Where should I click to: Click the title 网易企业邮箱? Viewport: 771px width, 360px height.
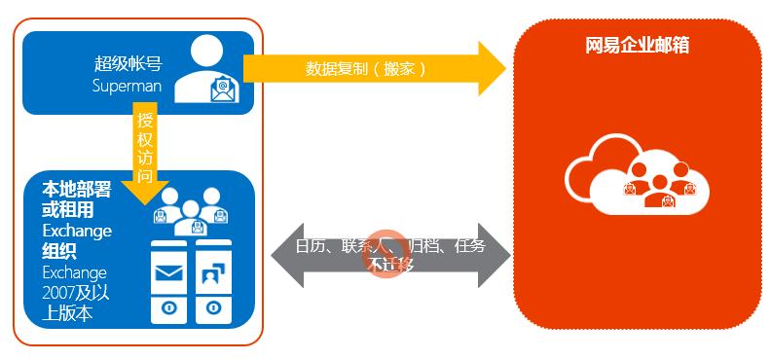[x=638, y=46]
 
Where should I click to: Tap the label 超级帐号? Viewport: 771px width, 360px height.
[x=128, y=64]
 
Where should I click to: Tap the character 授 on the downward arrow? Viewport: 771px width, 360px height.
[x=145, y=123]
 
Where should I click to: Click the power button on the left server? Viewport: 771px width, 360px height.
[x=168, y=308]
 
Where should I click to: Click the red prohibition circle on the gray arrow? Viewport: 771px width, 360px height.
[x=385, y=261]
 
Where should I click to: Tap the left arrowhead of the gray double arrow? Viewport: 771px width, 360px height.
[x=278, y=255]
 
